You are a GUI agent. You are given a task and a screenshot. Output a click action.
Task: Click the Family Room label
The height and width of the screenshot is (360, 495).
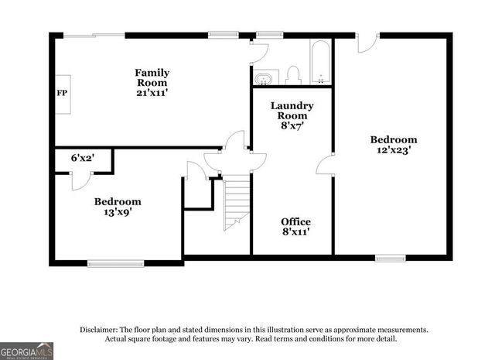pos(152,78)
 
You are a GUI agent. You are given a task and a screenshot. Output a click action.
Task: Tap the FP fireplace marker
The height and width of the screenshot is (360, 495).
pos(62,93)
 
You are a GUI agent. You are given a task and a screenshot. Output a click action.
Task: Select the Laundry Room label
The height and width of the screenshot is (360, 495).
pos(292,110)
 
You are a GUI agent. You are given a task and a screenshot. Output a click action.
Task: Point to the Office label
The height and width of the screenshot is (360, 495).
pos(295,222)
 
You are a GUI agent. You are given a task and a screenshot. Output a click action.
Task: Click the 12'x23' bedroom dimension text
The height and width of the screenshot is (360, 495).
pos(393,151)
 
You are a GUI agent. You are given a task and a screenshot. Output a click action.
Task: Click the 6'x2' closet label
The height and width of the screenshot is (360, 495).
pos(82,158)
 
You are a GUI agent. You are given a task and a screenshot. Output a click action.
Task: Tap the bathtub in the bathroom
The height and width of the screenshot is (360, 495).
pos(320,62)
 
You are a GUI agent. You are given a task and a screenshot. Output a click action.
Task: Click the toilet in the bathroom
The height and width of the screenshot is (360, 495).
pos(292,74)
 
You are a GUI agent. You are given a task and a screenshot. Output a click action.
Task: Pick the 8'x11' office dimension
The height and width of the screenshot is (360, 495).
pos(295,233)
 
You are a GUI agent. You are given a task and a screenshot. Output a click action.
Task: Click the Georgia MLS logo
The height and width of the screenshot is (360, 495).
pos(27,351)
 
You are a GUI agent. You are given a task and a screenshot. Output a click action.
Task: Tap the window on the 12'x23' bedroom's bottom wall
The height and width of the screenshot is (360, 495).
pos(390,257)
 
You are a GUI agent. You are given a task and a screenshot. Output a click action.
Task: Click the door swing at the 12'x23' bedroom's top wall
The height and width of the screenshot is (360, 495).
pos(367,43)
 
